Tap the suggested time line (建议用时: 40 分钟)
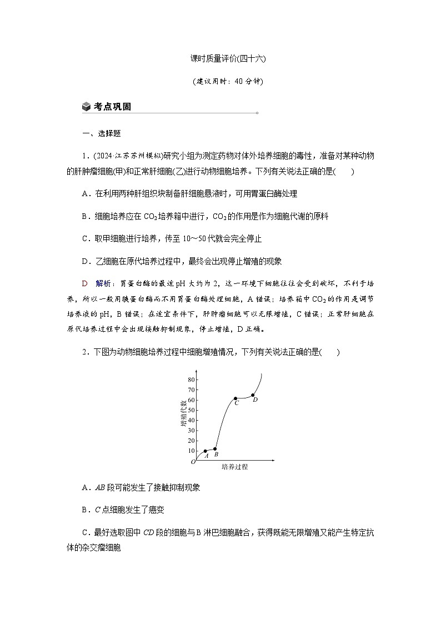click(x=220, y=81)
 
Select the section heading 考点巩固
click(x=112, y=107)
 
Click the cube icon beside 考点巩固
click(x=86, y=107)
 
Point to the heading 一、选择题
click(x=102, y=133)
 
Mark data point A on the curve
click(x=206, y=451)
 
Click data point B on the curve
click(x=215, y=449)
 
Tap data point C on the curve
click(x=235, y=398)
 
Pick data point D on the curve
click(x=253, y=396)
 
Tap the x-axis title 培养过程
click(x=235, y=467)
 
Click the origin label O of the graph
click(x=193, y=462)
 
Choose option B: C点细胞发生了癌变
click(x=123, y=510)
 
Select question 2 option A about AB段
click(x=141, y=488)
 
